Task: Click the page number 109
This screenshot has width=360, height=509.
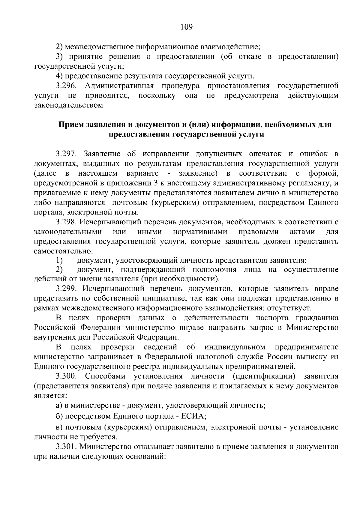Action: tap(186, 27)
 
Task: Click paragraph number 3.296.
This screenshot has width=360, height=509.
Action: tap(67, 86)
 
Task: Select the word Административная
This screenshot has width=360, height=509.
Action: tap(119, 86)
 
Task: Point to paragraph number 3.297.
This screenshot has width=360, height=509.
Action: tap(67, 154)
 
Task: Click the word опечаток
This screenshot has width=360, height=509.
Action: tap(265, 154)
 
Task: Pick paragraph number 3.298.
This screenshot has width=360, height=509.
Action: tap(67, 222)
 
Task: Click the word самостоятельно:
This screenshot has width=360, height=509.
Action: tap(64, 251)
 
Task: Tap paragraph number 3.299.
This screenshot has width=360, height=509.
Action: tap(67, 289)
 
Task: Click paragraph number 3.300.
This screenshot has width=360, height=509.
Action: tap(67, 376)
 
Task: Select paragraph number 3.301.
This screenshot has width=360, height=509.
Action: tap(67, 447)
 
